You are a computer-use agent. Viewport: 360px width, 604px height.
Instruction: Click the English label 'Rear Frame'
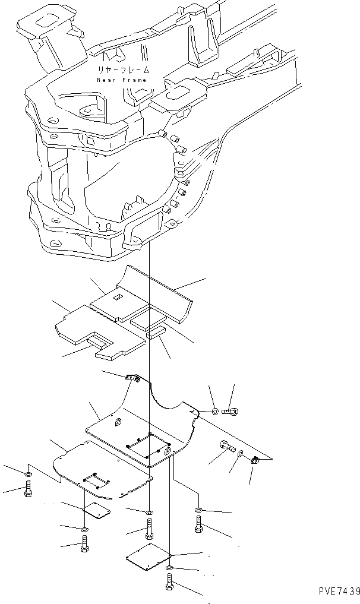tap(124, 79)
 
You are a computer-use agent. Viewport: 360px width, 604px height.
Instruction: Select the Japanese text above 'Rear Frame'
tap(124, 69)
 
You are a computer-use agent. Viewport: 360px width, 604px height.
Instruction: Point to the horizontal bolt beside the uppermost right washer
tap(230, 410)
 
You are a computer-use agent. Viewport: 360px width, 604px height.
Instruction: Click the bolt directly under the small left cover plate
tap(84, 543)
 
